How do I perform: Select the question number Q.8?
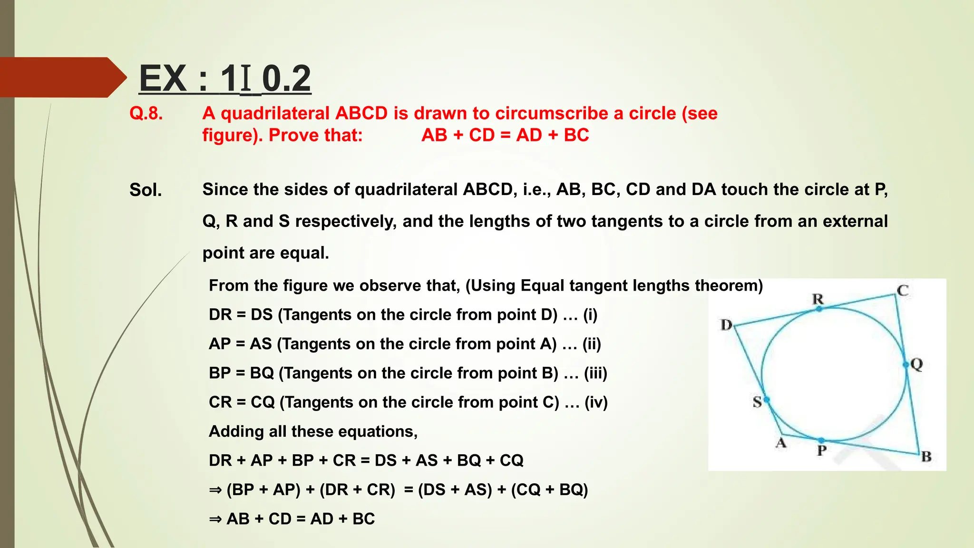coord(146,114)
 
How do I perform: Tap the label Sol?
coord(146,190)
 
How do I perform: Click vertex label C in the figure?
coord(903,290)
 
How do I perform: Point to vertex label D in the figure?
coord(726,325)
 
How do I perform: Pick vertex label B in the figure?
coord(926,457)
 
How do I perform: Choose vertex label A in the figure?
coord(781,443)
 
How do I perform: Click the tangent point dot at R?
coord(819,309)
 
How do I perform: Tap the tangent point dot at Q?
coord(906,365)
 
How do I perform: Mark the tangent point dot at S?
coord(767,400)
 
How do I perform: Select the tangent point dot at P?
coord(821,441)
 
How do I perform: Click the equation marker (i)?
coord(590,315)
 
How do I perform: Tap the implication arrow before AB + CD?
coord(215,519)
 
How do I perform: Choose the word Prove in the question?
coord(289,136)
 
